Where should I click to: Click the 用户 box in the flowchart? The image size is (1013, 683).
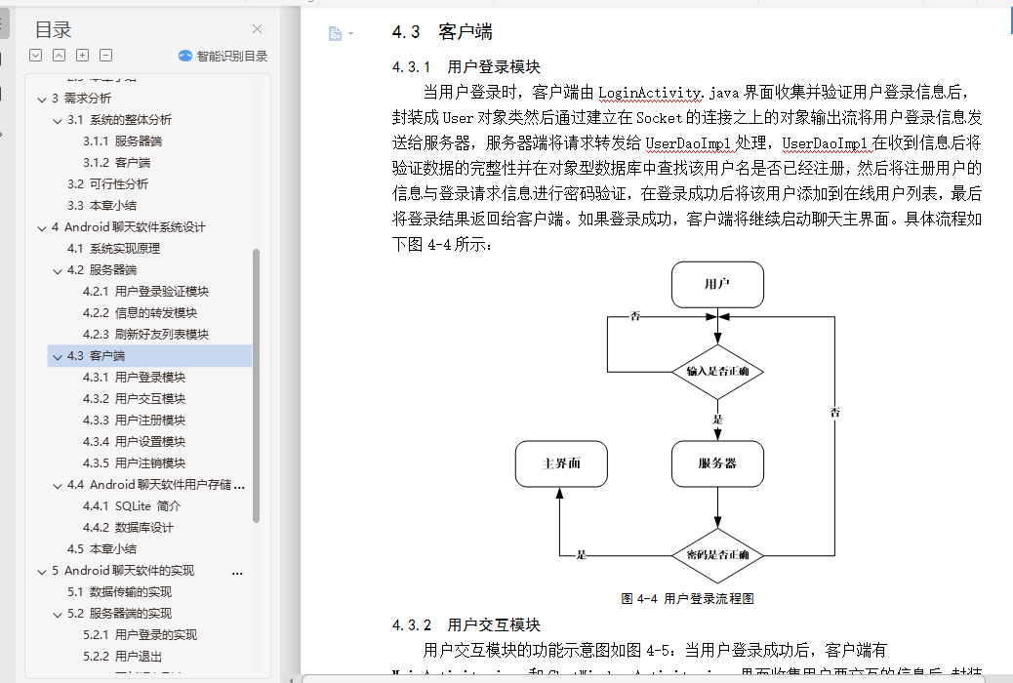click(717, 285)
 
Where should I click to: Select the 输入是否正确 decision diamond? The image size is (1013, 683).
click(717, 372)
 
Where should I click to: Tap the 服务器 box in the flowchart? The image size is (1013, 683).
click(717, 464)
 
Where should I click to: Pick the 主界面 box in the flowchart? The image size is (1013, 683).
click(561, 464)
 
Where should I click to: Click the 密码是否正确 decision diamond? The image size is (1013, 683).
click(717, 555)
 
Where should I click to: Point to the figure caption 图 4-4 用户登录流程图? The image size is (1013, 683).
click(687, 599)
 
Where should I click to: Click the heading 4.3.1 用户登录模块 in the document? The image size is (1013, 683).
click(466, 67)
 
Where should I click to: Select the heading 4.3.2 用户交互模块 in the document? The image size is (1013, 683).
click(466, 624)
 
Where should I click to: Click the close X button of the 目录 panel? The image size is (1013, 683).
click(257, 29)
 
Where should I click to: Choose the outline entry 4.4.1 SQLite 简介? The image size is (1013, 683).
click(132, 506)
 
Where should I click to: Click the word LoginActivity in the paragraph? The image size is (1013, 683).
click(650, 93)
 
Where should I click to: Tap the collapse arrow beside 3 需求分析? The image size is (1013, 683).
click(41, 99)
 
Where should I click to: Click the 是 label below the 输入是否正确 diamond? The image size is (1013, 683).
click(717, 419)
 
